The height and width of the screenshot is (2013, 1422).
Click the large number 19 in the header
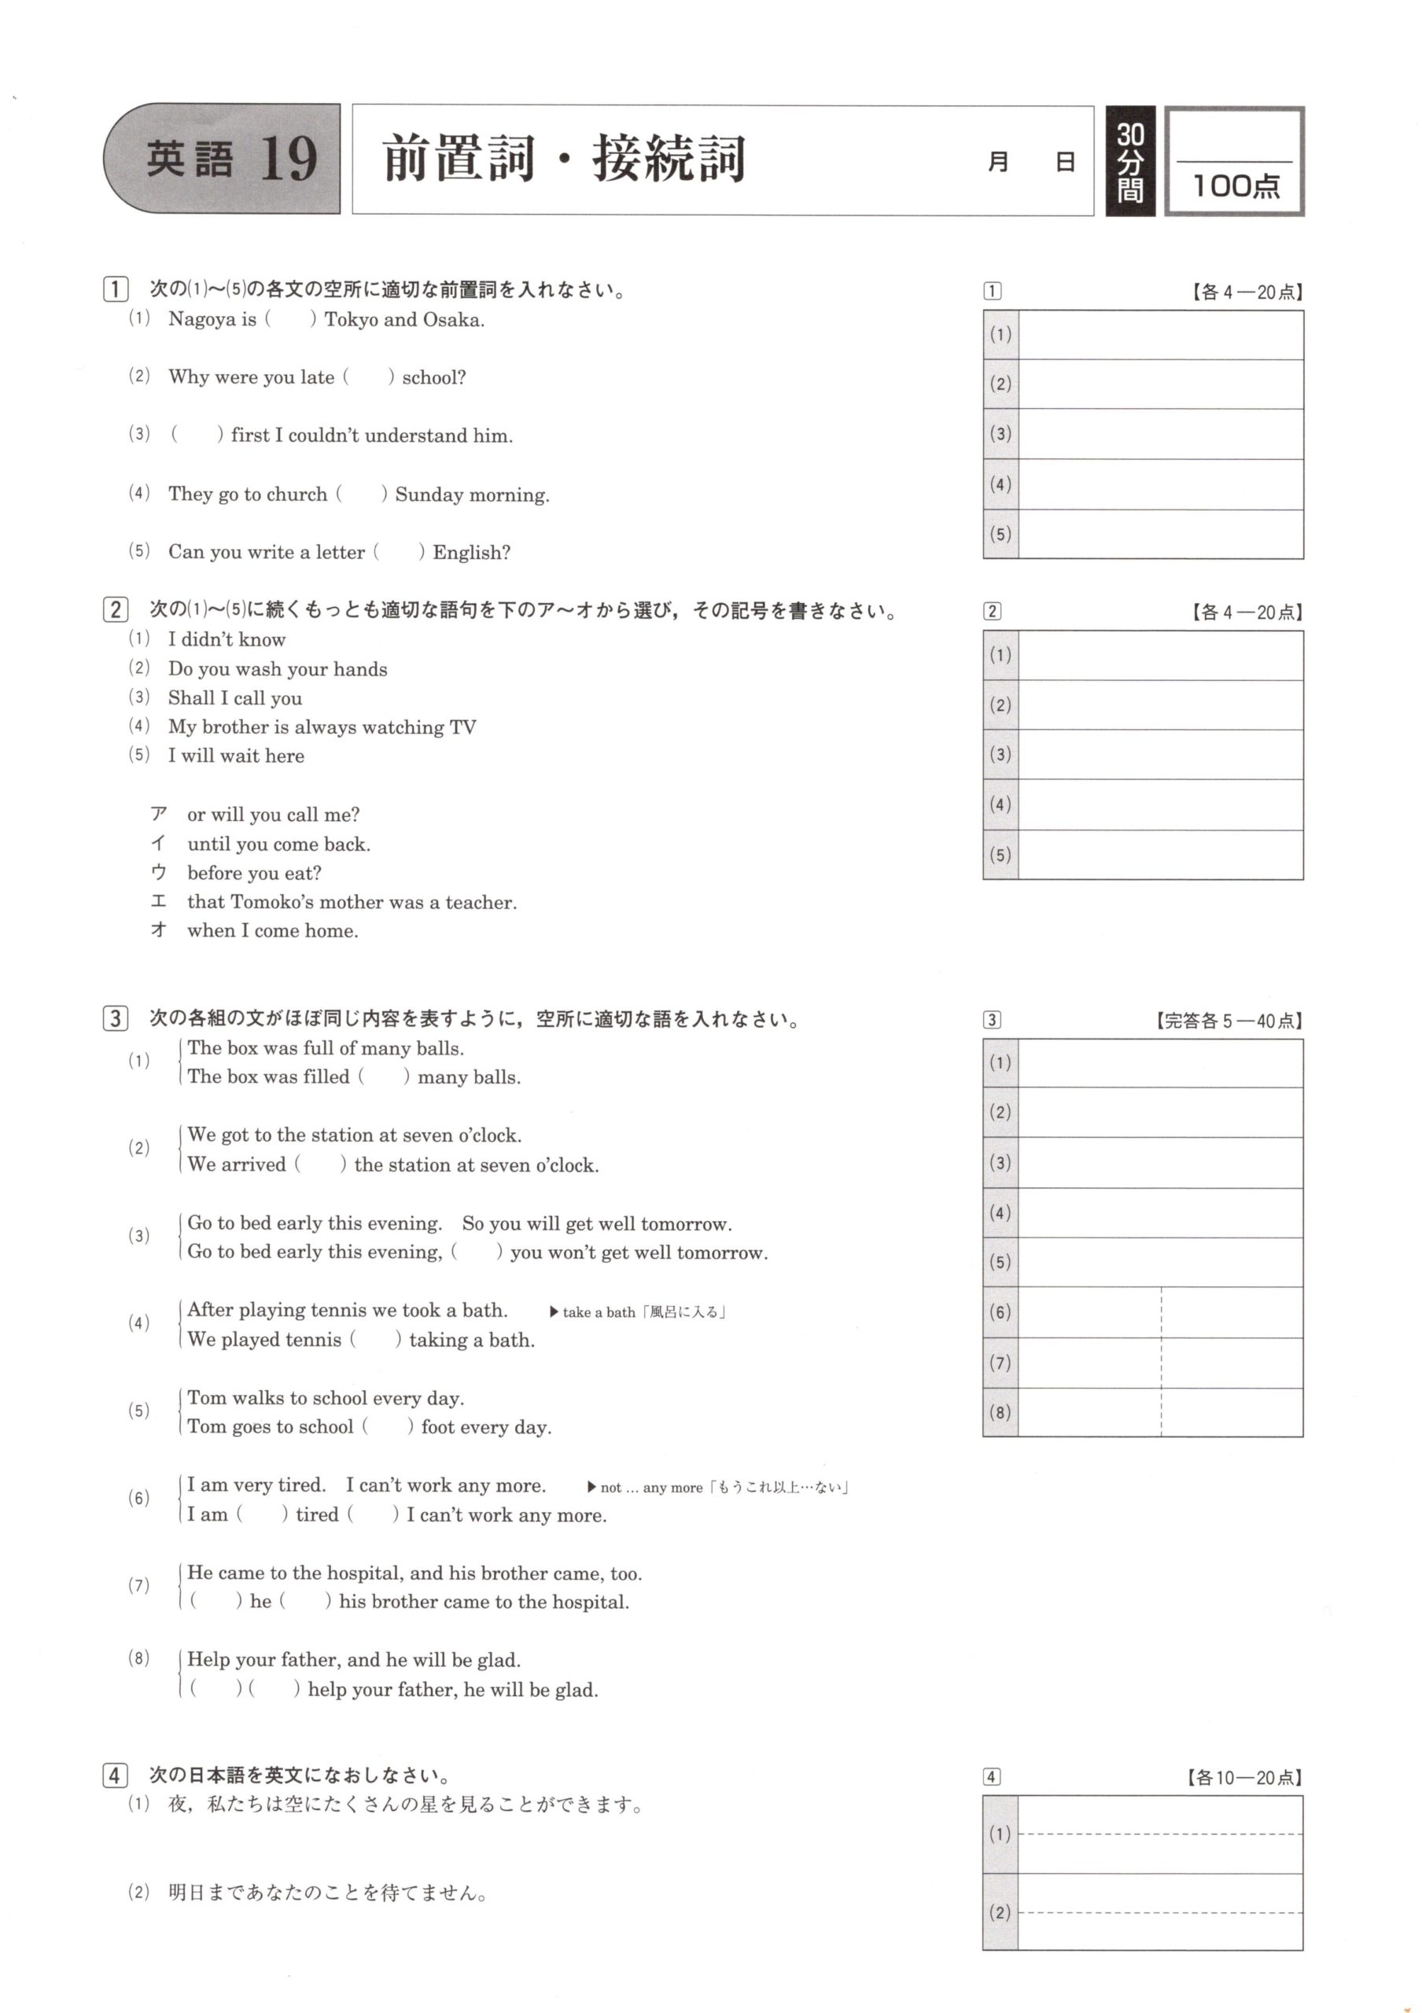pyautogui.click(x=289, y=160)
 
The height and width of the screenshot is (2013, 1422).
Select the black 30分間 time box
pyautogui.click(x=1129, y=161)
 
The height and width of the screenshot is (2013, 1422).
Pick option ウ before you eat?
pyautogui.click(x=254, y=874)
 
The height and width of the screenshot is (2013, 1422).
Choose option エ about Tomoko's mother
pyautogui.click(x=351, y=902)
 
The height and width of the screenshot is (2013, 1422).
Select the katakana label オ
pyautogui.click(x=159, y=930)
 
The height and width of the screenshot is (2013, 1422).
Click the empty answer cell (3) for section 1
pyautogui.click(x=1160, y=434)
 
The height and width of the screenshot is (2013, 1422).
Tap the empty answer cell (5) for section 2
pyautogui.click(x=1160, y=855)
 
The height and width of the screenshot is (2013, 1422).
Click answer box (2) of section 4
pyautogui.click(x=1160, y=1912)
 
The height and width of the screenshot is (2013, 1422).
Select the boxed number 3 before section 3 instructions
pyautogui.click(x=115, y=1019)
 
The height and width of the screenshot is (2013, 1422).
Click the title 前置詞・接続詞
pyautogui.click(x=564, y=160)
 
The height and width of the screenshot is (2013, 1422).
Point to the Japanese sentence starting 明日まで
pyautogui.click(x=328, y=1893)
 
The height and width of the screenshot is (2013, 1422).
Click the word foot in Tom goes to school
pyautogui.click(x=437, y=1427)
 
